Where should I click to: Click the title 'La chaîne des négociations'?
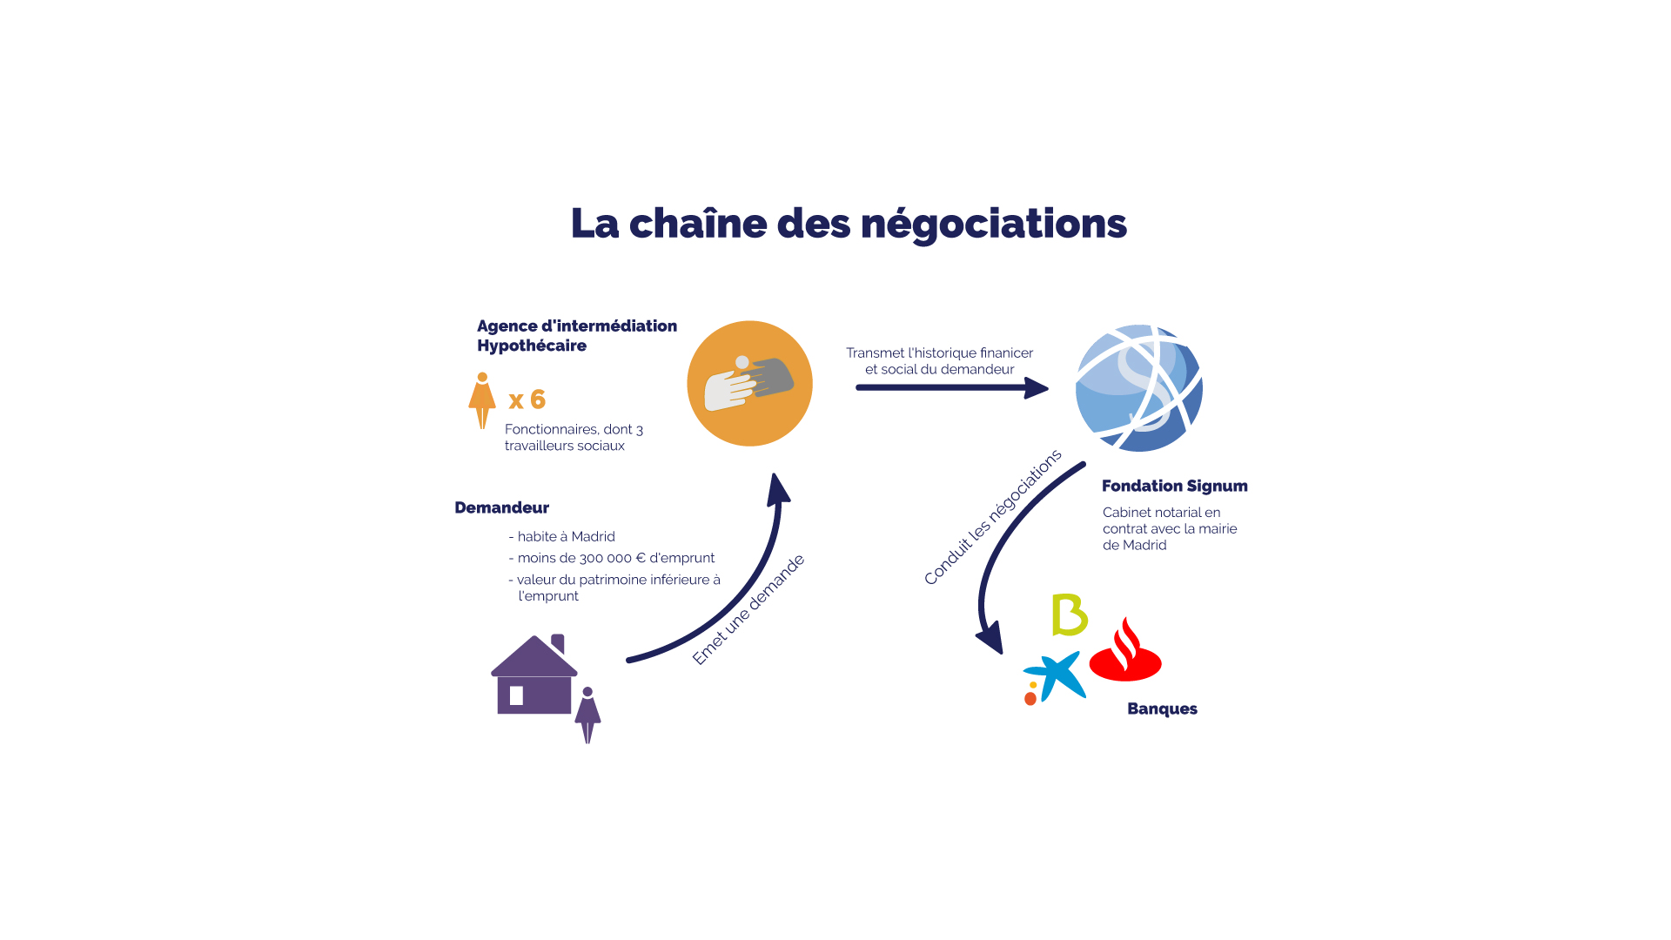pos(849,224)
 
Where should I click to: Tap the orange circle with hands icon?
pos(749,384)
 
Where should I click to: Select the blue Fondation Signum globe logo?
pos(1139,388)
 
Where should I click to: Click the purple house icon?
pos(534,675)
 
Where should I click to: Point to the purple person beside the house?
pos(587,715)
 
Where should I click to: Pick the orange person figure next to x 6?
pos(482,401)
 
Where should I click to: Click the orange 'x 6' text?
pos(527,399)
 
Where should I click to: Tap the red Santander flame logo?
pos(1125,649)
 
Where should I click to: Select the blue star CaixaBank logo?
pos(1054,677)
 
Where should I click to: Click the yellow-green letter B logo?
pos(1070,615)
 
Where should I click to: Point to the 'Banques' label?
pos(1162,709)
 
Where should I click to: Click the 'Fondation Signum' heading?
pos(1175,486)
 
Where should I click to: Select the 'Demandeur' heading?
pos(501,507)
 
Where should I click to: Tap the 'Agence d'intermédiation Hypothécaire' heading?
pos(577,336)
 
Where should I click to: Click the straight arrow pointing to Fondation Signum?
pos(952,387)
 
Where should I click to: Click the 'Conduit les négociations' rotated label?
pos(993,517)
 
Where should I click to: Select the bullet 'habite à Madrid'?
pos(561,537)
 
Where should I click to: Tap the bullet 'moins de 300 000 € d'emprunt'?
pos(611,558)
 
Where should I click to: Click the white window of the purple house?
pos(516,695)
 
